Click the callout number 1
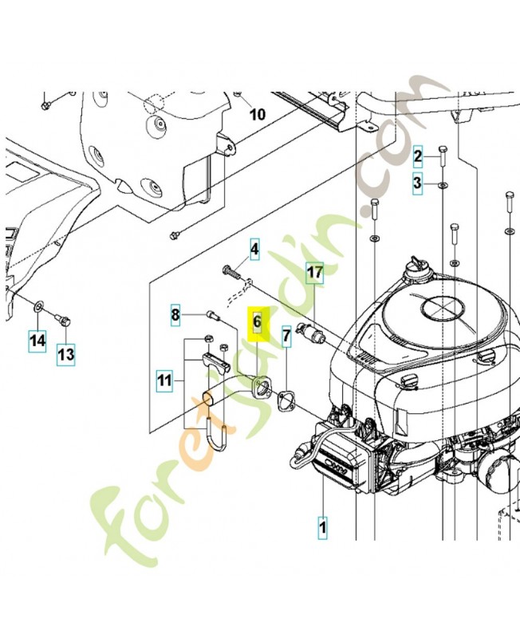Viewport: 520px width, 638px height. [x=323, y=526]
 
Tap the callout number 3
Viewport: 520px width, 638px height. [x=417, y=184]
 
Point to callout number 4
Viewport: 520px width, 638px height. [x=254, y=250]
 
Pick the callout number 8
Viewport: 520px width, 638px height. [x=175, y=315]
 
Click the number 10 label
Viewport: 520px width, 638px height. [x=257, y=114]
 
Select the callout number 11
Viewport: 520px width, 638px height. [x=163, y=382]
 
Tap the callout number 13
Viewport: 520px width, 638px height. [x=65, y=353]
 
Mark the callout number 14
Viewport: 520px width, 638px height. [x=37, y=341]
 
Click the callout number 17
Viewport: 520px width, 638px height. [x=315, y=274]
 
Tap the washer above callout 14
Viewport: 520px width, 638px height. [x=38, y=306]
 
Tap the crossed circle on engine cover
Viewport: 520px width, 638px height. [x=440, y=307]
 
